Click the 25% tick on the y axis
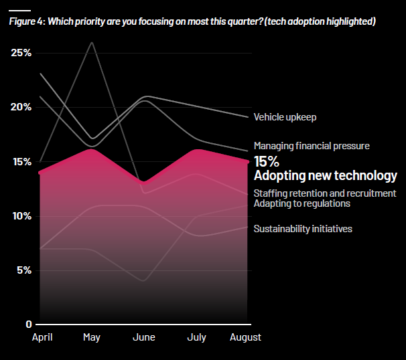click(x=21, y=53)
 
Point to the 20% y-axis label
click(x=21, y=107)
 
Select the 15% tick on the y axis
click(x=21, y=162)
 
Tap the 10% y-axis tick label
click(x=21, y=216)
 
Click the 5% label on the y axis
click(x=24, y=270)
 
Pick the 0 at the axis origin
click(x=29, y=325)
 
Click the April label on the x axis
click(x=43, y=337)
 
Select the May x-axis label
click(x=92, y=337)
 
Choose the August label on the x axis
click(x=245, y=337)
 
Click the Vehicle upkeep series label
click(x=285, y=117)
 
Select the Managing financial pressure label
click(x=312, y=145)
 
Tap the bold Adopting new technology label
click(x=325, y=176)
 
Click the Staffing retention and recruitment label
click(x=325, y=194)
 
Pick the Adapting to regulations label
click(x=301, y=203)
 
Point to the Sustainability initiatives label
click(x=303, y=229)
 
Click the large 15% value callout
click(x=267, y=162)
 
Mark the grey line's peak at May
click(x=92, y=43)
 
